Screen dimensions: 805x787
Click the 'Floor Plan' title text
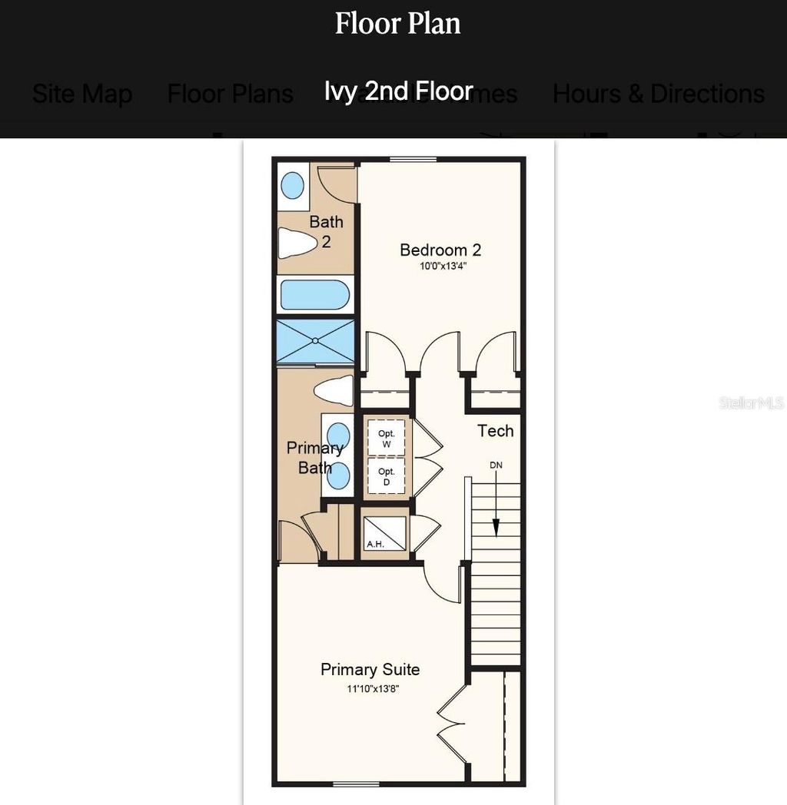point(397,24)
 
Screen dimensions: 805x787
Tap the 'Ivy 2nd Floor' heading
point(398,91)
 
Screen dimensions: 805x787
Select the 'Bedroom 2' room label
point(440,250)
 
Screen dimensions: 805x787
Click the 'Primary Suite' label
point(370,669)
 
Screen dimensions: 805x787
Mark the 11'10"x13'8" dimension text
point(372,689)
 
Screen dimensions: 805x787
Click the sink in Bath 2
point(292,185)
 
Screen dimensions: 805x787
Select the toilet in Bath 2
point(297,243)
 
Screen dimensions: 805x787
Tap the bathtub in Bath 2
point(315,295)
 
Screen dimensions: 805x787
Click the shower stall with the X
point(315,341)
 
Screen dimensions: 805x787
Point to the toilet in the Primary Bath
point(333,390)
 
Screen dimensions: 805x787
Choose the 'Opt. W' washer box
point(386,439)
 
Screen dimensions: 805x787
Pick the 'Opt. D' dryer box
point(386,476)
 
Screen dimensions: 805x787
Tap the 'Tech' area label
point(495,431)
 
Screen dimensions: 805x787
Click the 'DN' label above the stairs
point(496,465)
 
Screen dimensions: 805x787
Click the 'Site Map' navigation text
point(82,94)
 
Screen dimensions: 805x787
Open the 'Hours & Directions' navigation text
point(658,94)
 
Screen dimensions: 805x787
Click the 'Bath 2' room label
point(326,231)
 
